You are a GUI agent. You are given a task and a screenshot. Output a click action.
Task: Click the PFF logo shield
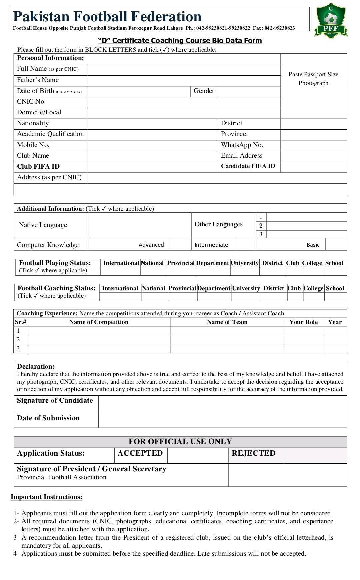tap(331, 21)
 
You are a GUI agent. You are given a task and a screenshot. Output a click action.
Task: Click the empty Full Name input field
tap(184, 69)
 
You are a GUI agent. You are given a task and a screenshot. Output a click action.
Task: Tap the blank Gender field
tap(249, 91)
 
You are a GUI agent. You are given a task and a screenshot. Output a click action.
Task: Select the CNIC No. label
tap(31, 102)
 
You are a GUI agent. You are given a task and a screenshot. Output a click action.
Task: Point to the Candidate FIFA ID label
tap(248, 166)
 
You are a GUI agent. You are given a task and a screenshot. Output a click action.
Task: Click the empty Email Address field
tap(313, 156)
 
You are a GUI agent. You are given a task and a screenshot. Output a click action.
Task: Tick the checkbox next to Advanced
tap(180, 244)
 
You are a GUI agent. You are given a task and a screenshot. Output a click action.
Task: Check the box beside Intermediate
tap(245, 244)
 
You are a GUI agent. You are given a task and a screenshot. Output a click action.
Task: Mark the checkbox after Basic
tap(336, 244)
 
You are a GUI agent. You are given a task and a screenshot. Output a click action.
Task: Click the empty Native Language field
tap(139, 225)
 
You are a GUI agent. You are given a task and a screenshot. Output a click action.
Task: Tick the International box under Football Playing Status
tap(120, 271)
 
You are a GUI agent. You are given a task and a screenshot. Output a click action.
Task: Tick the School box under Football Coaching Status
tap(335, 297)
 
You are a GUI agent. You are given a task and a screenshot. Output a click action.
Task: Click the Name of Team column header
tap(227, 322)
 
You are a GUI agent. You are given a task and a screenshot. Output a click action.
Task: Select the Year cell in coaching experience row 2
tap(335, 340)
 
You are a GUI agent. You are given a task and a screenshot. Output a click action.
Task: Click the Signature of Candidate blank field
tap(222, 404)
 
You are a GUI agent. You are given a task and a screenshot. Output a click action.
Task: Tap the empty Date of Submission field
tap(222, 420)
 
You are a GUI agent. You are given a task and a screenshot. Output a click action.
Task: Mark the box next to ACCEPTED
tap(198, 455)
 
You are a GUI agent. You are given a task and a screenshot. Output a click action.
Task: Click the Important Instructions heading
tap(46, 497)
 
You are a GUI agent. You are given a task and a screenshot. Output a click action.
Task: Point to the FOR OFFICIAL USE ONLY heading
tap(180, 442)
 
